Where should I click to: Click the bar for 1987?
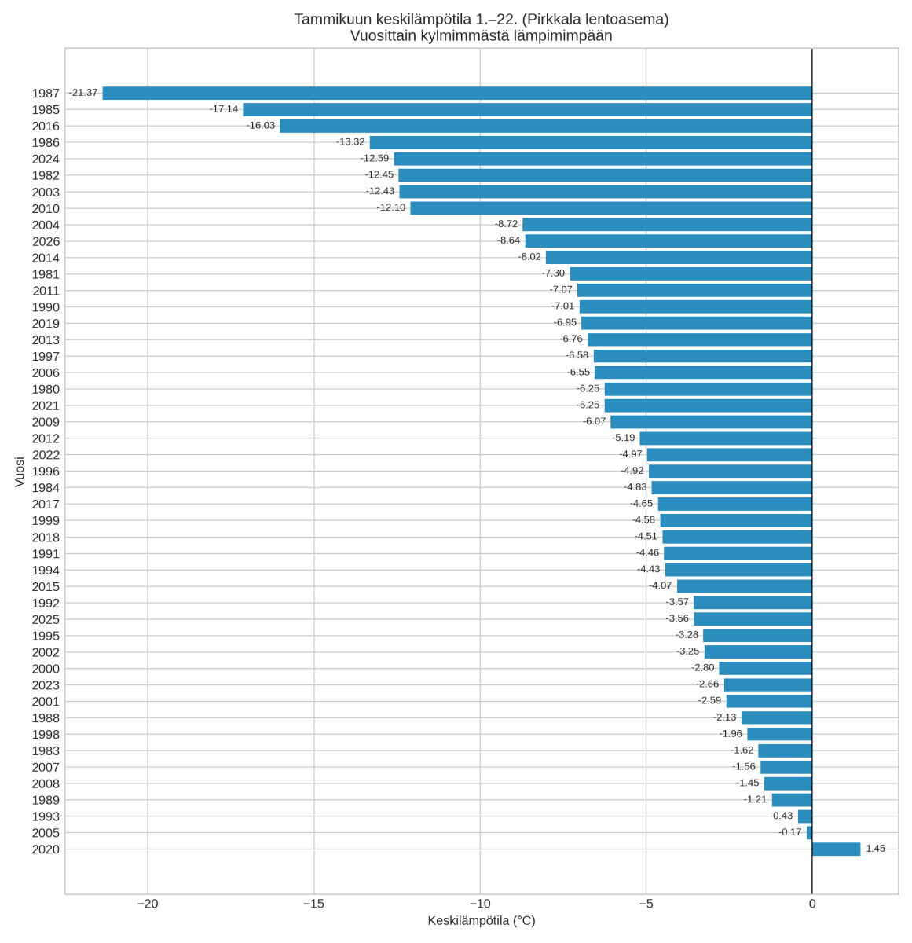tap(456, 94)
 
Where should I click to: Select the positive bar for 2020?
tap(836, 849)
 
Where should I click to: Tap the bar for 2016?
tap(545, 126)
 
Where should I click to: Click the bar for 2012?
tap(725, 438)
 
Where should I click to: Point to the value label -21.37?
tap(83, 93)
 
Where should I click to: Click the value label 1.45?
tap(875, 849)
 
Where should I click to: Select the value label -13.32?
tap(350, 142)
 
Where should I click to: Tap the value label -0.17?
tap(789, 832)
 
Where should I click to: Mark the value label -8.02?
tap(529, 257)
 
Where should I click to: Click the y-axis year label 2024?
tap(46, 160)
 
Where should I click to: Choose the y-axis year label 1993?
tap(46, 817)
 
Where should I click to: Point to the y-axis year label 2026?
tap(46, 242)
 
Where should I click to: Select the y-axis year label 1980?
tap(46, 390)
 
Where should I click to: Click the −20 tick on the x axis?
tap(148, 904)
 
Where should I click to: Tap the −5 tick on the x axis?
tap(646, 904)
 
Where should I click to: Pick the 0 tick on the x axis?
tap(812, 904)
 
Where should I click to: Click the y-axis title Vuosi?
tap(20, 472)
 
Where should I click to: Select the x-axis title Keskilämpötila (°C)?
tap(482, 921)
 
